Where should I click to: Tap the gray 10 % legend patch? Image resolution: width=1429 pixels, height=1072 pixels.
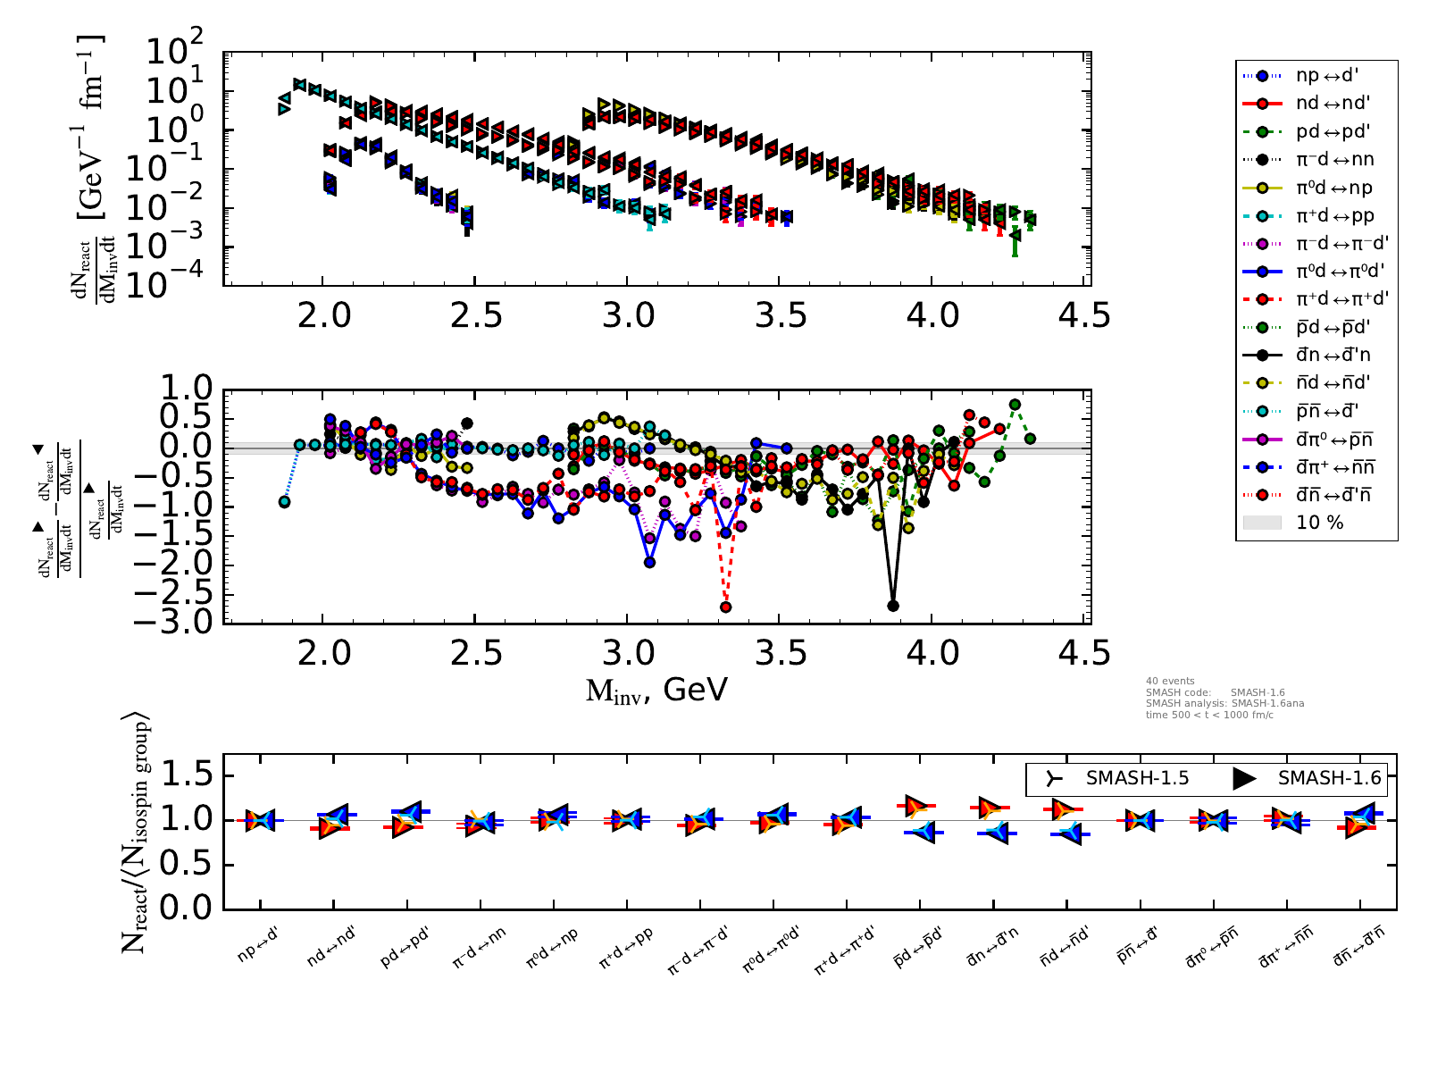(1262, 523)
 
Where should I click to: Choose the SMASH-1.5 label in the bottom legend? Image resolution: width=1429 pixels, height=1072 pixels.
(1137, 778)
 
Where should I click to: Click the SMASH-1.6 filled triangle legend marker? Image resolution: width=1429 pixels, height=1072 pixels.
(1244, 778)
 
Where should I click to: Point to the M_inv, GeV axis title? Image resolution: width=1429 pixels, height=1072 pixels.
(656, 691)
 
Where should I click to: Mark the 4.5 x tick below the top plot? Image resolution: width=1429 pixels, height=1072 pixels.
(1084, 315)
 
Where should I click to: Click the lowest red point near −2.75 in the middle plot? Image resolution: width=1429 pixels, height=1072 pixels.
(725, 607)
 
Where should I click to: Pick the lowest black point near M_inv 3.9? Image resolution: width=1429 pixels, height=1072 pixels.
(892, 606)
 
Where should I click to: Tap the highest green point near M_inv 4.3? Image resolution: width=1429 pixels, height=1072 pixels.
(1015, 405)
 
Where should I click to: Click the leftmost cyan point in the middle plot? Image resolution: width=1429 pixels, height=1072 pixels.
(284, 502)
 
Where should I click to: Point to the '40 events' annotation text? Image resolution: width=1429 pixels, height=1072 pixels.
(1170, 681)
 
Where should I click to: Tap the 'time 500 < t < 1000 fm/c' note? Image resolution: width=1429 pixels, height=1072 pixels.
(1209, 716)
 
